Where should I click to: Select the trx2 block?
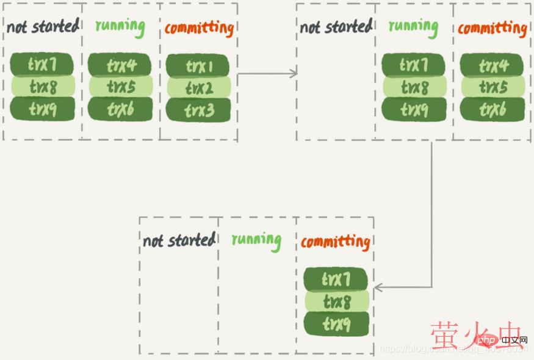pos(198,88)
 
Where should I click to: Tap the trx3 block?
pos(198,110)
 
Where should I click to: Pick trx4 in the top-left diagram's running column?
pos(120,65)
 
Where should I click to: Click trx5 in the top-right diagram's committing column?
pos(492,87)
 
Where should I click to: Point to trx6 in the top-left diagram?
pos(120,110)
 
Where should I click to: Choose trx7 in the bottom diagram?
pos(336,279)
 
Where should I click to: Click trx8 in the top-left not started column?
pos(42,87)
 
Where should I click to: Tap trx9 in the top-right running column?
pos(414,110)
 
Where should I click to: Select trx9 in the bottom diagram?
pos(336,324)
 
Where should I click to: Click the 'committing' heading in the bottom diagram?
pos(335,242)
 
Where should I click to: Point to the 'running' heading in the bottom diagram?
pos(256,240)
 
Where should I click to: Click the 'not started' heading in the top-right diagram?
pos(336,27)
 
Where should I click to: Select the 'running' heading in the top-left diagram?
pos(120,26)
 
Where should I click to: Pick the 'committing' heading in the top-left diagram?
pos(199,28)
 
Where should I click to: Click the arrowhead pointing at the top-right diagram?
pos(294,73)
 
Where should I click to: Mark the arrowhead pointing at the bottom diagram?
pos(378,287)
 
